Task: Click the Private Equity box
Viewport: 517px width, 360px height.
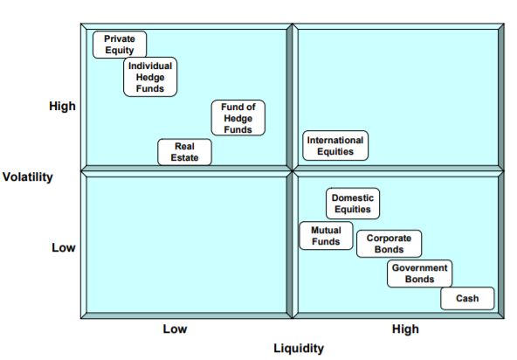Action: click(x=120, y=45)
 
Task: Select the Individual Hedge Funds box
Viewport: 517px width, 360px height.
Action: click(x=150, y=77)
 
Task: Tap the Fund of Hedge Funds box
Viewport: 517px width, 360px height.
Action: click(x=238, y=118)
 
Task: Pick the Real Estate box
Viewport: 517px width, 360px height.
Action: click(x=184, y=152)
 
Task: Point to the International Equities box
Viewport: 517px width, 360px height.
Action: click(x=335, y=146)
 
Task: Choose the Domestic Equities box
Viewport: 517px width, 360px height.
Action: click(x=353, y=204)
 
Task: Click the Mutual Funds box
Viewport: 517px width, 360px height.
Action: click(x=326, y=236)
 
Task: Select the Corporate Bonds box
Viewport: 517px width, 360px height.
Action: click(x=389, y=244)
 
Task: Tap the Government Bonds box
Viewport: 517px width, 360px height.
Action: click(x=420, y=273)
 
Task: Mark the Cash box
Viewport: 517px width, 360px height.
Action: click(x=467, y=298)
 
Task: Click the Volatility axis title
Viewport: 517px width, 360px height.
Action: click(x=28, y=177)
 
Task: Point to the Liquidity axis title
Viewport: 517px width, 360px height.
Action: click(x=299, y=349)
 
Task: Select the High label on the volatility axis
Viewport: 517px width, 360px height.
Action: click(x=62, y=106)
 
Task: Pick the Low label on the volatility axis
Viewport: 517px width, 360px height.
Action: click(x=63, y=247)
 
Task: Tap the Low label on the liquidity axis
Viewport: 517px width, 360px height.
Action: click(x=175, y=329)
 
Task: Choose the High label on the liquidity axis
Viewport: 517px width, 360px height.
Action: click(x=405, y=329)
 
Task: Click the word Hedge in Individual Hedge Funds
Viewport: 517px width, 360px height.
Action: click(x=150, y=78)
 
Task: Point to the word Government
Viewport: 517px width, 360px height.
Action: click(x=420, y=267)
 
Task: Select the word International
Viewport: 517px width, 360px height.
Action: click(x=335, y=140)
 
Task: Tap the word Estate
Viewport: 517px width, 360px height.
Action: click(x=184, y=157)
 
